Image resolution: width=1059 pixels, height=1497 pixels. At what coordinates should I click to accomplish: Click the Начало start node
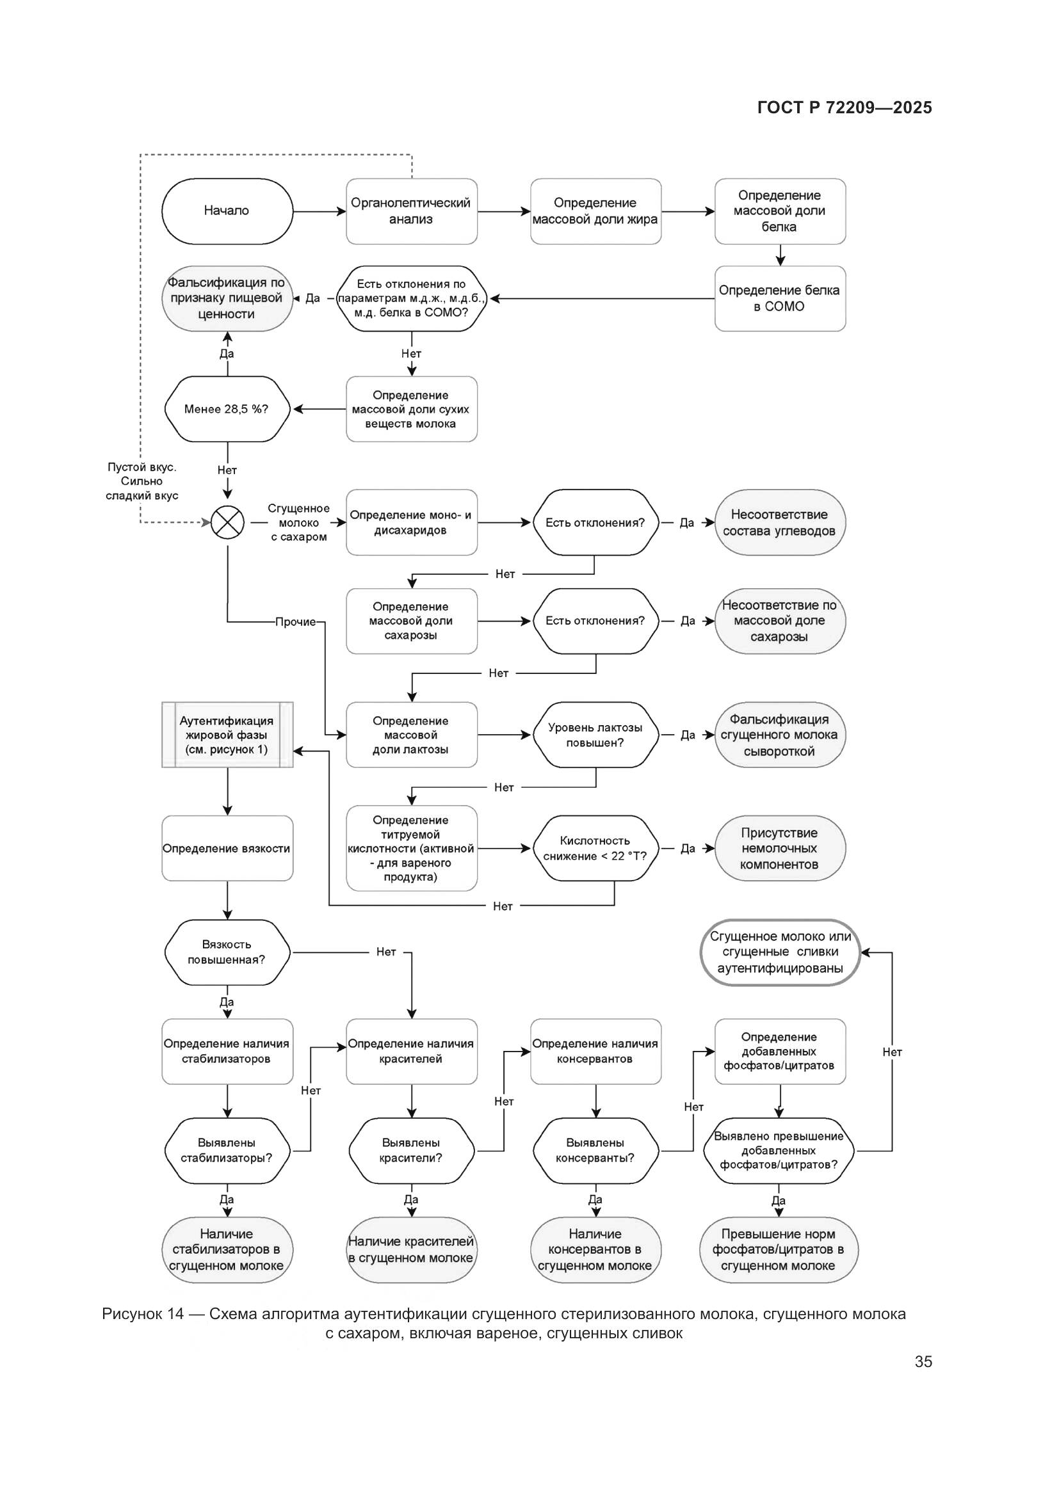click(x=227, y=211)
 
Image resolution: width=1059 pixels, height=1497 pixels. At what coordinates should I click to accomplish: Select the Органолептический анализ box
click(x=411, y=211)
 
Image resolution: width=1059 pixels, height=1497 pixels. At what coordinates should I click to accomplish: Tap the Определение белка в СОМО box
click(x=779, y=298)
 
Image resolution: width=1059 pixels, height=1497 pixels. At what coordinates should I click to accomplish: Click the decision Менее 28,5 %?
click(x=227, y=409)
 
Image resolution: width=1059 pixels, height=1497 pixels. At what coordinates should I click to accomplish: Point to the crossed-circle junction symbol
click(x=227, y=522)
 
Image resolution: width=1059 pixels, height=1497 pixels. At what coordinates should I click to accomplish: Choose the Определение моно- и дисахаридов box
click(x=411, y=522)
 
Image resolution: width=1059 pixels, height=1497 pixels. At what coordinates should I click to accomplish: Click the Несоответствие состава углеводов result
click(x=779, y=522)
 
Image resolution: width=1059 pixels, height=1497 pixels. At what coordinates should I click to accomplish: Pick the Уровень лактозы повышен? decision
click(x=595, y=735)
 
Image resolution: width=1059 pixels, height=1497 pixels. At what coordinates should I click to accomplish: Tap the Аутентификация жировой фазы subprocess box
click(x=227, y=735)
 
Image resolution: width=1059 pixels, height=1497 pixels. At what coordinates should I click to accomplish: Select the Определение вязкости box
click(x=227, y=848)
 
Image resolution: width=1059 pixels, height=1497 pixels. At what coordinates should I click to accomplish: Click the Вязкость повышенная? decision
click(x=227, y=952)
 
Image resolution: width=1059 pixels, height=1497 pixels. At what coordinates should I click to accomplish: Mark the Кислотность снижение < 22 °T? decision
click(x=595, y=848)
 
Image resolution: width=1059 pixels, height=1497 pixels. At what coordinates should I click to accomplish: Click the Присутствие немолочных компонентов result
click(x=779, y=848)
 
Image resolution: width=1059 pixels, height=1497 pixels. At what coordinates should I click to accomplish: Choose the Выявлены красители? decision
click(x=411, y=1151)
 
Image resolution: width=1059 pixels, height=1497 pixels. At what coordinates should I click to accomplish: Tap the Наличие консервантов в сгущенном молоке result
click(x=595, y=1250)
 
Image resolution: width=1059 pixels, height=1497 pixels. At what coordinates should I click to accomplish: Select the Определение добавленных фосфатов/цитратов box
click(x=779, y=1051)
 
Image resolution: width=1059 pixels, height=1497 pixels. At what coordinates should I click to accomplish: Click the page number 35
click(x=923, y=1361)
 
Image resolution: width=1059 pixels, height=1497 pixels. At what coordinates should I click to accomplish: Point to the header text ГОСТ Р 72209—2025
click(x=845, y=108)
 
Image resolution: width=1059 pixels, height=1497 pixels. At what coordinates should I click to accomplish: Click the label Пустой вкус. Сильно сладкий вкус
click(x=142, y=481)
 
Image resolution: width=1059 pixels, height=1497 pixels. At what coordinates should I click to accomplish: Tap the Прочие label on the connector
click(x=295, y=622)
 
